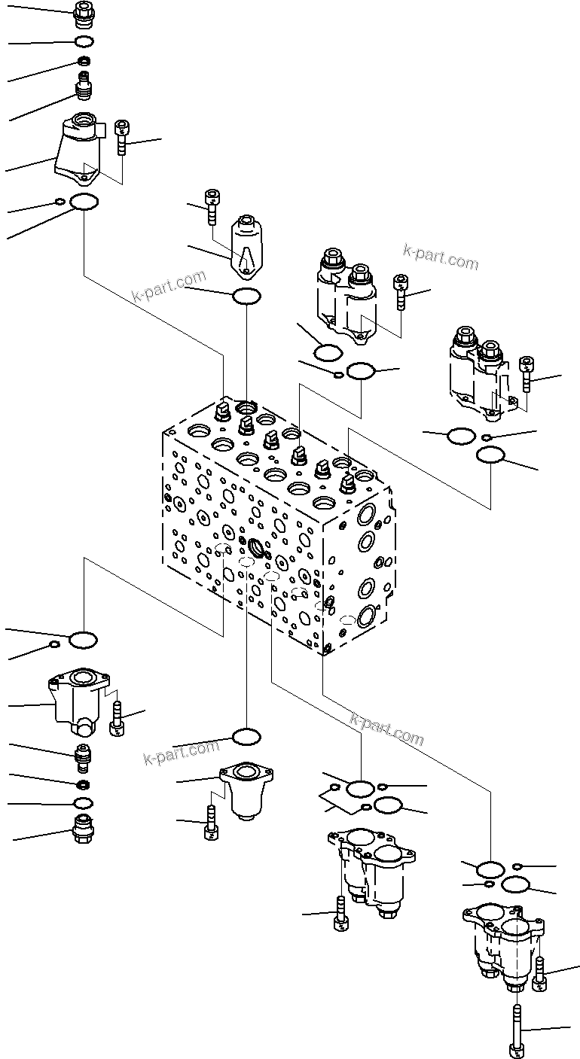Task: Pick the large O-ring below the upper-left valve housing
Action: click(x=84, y=202)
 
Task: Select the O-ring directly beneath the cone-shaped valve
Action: click(x=246, y=297)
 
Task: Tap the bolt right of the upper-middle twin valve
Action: click(x=401, y=292)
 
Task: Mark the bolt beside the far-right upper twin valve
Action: click(x=527, y=374)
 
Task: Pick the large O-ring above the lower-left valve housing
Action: click(x=83, y=641)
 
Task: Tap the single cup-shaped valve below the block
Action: click(x=246, y=791)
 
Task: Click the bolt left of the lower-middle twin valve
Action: click(x=340, y=914)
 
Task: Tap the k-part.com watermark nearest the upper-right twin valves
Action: click(x=441, y=258)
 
